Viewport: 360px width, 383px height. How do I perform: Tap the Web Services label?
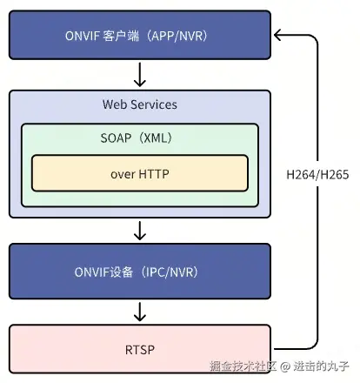pos(139,104)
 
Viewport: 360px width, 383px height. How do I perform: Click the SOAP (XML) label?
pos(139,138)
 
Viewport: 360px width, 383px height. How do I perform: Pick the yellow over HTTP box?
pos(139,173)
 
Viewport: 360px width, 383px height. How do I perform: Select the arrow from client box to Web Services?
pos(139,72)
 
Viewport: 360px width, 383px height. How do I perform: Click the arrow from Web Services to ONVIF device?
pos(139,231)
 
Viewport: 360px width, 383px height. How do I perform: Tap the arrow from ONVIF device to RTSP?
pos(139,311)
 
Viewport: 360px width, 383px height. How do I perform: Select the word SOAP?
pos(117,138)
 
